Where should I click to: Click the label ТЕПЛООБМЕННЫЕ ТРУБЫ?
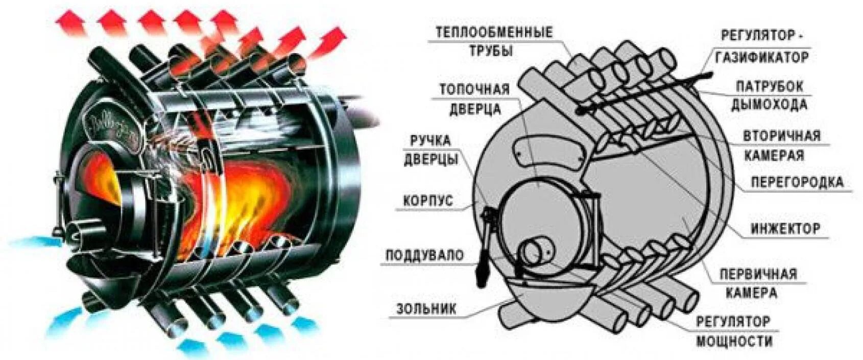(494, 41)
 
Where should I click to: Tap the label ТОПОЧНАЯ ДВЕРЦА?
(475, 99)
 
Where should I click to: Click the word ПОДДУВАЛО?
(424, 255)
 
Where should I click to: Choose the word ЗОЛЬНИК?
(426, 308)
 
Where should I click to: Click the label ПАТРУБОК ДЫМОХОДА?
(769, 95)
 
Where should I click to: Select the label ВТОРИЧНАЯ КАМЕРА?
(781, 145)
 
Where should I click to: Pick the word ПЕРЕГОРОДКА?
(796, 182)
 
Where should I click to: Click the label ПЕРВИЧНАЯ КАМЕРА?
(758, 283)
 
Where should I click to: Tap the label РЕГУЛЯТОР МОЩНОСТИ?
(733, 331)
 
